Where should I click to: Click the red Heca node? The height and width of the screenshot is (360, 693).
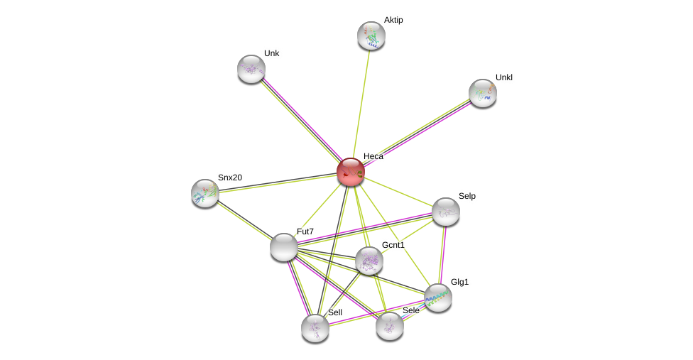351,172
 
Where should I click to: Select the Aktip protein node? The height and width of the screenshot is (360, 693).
371,36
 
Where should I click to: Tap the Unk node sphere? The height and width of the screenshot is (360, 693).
251,69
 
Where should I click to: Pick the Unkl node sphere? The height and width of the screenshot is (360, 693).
483,93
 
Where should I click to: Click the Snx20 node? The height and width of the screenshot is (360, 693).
205,193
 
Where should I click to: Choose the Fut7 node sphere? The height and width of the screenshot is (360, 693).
284,247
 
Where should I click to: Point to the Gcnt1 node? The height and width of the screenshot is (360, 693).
369,261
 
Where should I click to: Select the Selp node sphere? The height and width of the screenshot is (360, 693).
446,212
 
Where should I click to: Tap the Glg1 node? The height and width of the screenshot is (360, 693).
438,298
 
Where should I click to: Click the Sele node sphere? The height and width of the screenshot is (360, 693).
390,326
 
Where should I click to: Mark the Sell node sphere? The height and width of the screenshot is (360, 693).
315,328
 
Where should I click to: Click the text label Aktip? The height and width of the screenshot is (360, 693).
393,20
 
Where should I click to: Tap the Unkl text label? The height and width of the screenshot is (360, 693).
503,77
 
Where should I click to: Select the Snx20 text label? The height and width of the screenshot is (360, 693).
229,178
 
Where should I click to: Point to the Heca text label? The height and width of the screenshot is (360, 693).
373,156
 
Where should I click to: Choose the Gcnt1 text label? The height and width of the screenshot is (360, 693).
393,245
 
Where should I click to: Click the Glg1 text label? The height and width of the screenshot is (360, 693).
459,282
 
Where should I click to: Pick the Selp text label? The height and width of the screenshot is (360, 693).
466,196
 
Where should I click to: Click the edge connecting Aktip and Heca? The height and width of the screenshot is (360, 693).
361,104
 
